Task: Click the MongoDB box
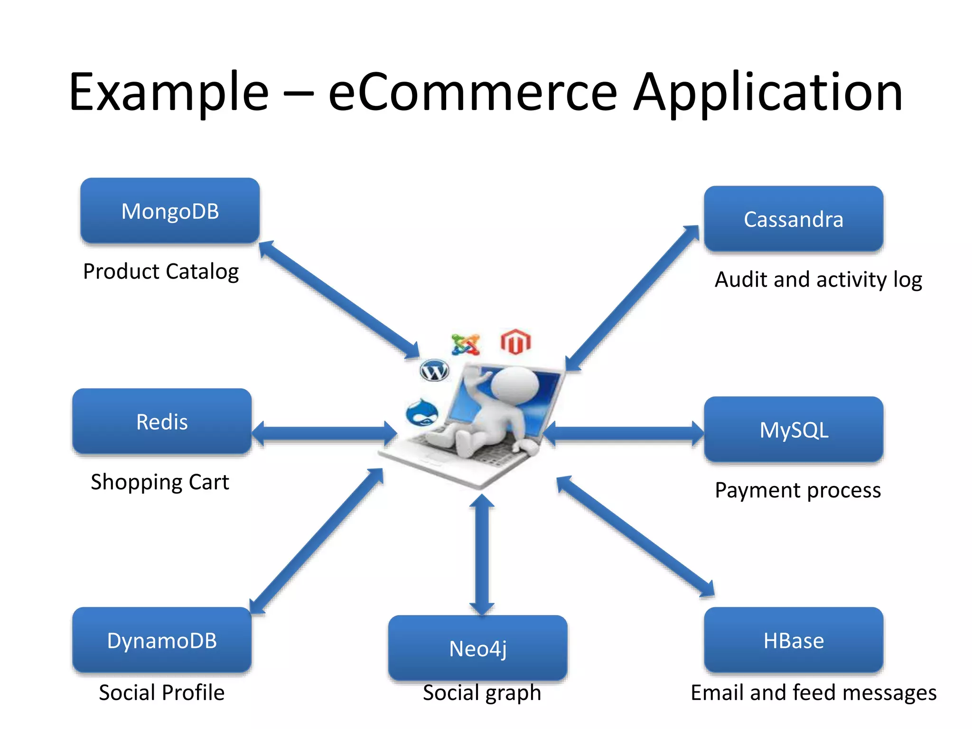click(x=170, y=211)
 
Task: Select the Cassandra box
click(x=793, y=219)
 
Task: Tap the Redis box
click(x=162, y=421)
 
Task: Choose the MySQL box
click(x=793, y=430)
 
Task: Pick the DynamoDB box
click(x=162, y=640)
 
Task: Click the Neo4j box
click(x=477, y=648)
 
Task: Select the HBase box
click(x=793, y=640)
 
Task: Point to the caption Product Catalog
click(x=161, y=271)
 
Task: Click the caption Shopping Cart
click(x=160, y=482)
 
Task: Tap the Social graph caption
click(x=482, y=692)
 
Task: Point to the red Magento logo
click(x=515, y=342)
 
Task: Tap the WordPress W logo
click(x=434, y=371)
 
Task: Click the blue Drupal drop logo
click(x=422, y=412)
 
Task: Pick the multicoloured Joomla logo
click(x=466, y=345)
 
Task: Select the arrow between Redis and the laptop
click(x=324, y=433)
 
